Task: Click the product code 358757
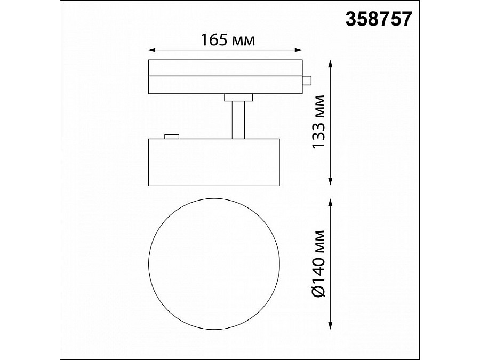(379, 19)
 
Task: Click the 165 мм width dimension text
(226, 40)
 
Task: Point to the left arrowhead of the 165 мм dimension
(151, 51)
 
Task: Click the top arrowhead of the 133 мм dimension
(332, 63)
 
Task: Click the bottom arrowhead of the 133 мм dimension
(332, 182)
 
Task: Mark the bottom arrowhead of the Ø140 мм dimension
(332, 327)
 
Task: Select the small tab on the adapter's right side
(306, 80)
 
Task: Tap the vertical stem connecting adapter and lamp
(238, 119)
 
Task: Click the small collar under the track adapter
(238, 97)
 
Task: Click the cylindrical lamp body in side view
(213, 163)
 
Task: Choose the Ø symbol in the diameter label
(318, 290)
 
